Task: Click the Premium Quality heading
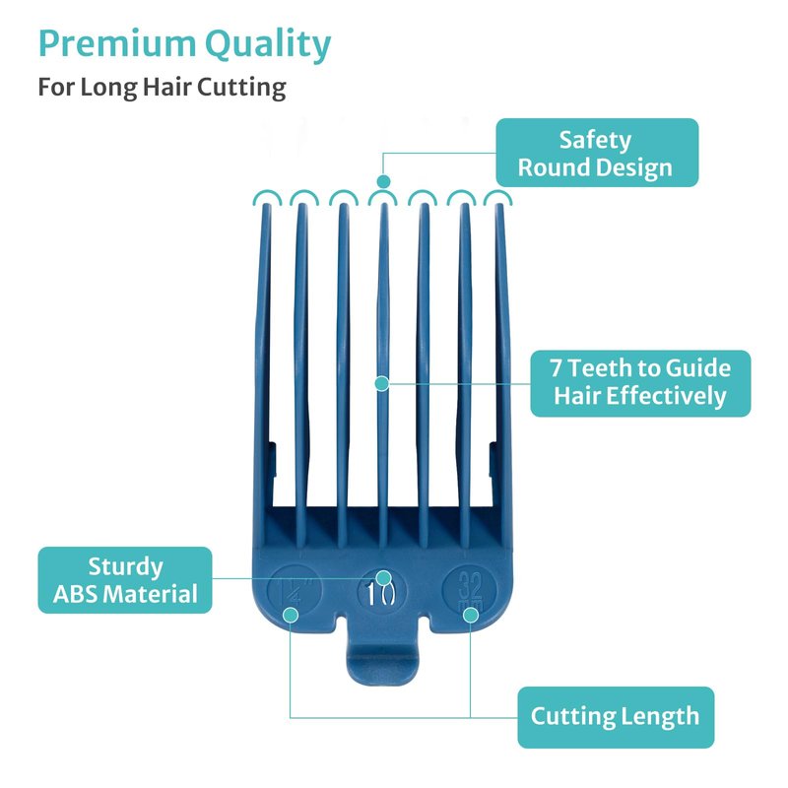tap(185, 44)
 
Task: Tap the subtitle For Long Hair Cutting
tap(163, 87)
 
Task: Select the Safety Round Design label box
tap(596, 153)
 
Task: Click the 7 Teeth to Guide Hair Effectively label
tap(640, 382)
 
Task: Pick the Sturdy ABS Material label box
tap(124, 580)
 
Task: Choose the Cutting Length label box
tap(616, 716)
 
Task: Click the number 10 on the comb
tap(382, 594)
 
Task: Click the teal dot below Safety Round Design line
tap(384, 181)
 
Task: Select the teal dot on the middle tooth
tap(383, 381)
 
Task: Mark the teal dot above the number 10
tap(384, 577)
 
